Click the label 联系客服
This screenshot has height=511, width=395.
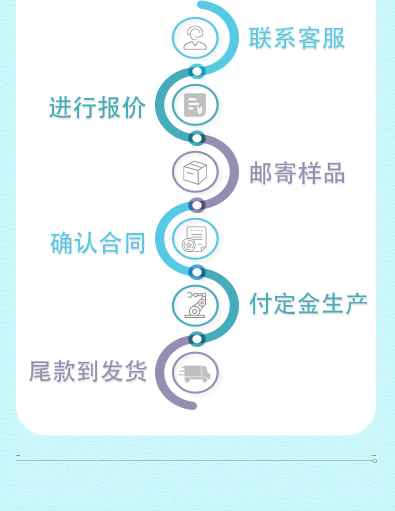coord(297,38)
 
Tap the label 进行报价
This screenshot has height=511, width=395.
coord(97,107)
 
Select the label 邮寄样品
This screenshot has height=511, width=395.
coord(297,173)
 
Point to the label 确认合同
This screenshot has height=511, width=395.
coord(98,243)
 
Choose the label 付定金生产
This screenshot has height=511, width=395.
coord(308,303)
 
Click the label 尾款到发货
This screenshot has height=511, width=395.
coord(88,371)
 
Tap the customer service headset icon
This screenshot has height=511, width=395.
coord(195,38)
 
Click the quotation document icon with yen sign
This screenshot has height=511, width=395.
coord(195,105)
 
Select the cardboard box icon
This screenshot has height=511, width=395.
coord(195,172)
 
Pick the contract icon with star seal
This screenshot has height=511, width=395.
coord(195,239)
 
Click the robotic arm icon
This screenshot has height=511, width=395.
coord(195,305)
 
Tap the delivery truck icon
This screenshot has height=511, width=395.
coord(195,372)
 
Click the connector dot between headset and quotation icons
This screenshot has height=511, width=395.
coord(197,71)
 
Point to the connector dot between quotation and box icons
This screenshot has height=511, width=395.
coord(197,138)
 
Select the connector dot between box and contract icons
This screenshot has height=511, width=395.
coord(197,205)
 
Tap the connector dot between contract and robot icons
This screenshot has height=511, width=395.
coord(197,272)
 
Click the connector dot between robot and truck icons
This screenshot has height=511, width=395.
coord(197,339)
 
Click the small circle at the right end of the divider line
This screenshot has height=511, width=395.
coord(374,460)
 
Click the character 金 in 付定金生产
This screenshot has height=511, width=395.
coord(308,303)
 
